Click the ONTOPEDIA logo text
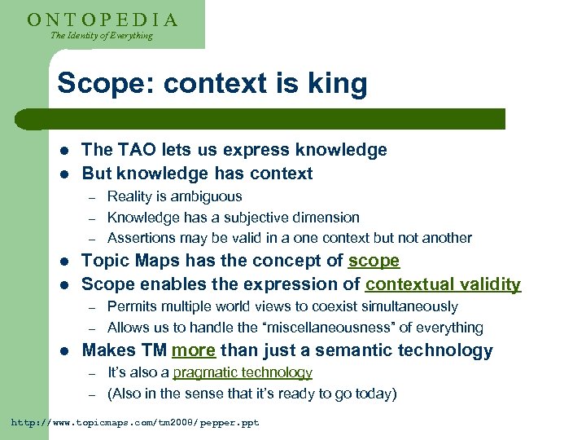(102, 19)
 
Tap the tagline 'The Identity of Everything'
(101, 36)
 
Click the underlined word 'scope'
(374, 262)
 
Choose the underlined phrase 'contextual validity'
(443, 284)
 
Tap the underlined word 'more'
(193, 351)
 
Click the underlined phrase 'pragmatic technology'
(243, 372)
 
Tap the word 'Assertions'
(140, 238)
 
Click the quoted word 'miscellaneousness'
(336, 328)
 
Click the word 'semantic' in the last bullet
(324, 351)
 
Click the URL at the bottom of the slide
(134, 423)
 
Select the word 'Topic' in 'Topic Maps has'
(105, 262)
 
